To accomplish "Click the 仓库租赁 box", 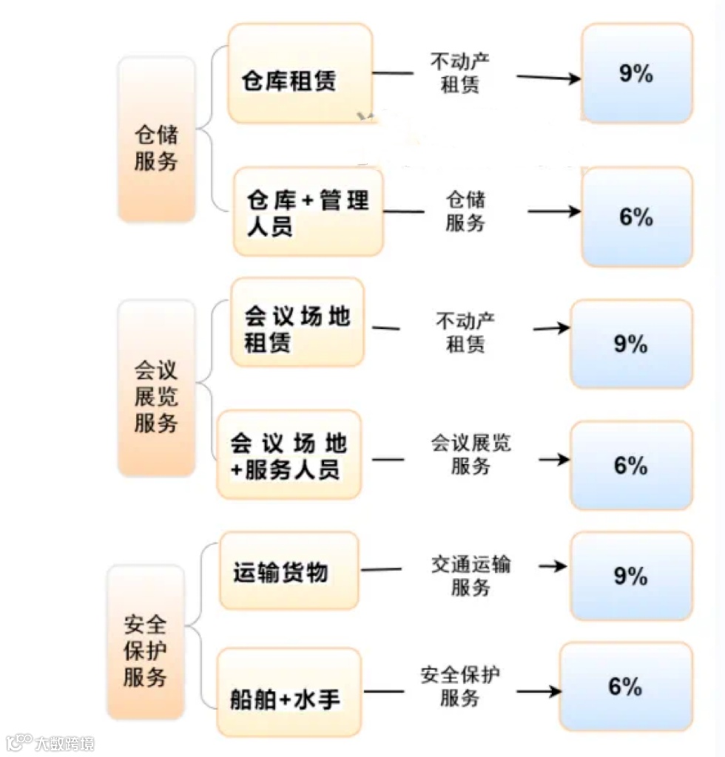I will click(x=300, y=73).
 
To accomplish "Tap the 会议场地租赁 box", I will click(x=297, y=322).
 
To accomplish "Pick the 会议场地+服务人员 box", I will click(x=289, y=455).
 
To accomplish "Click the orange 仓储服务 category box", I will click(x=156, y=139).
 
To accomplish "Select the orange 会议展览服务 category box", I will click(x=156, y=388).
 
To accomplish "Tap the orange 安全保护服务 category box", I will click(x=145, y=642).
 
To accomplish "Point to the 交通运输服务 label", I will click(x=471, y=576).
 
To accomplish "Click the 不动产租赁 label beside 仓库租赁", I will click(x=459, y=72).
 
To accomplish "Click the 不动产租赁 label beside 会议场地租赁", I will click(x=465, y=333).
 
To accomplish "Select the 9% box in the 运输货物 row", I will click(x=631, y=576).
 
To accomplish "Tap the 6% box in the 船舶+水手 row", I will click(x=625, y=687).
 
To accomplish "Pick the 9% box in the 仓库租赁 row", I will click(x=636, y=73).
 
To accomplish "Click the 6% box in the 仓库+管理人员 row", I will click(x=636, y=217).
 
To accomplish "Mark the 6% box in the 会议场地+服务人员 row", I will click(x=631, y=466).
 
